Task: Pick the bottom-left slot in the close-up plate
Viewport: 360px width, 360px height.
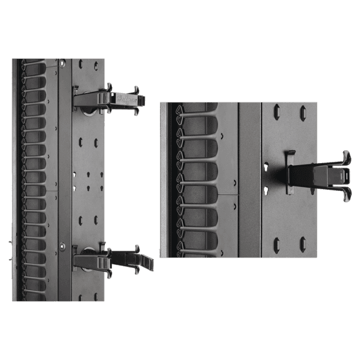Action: coord(277,245)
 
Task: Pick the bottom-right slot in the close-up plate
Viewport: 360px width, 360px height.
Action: coord(302,245)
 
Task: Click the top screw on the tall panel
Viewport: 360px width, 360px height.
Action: coord(62,63)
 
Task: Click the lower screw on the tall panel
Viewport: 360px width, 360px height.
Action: coord(62,245)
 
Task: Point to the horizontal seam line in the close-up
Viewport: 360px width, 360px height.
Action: coord(229,193)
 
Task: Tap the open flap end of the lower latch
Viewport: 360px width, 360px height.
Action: coord(147,263)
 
